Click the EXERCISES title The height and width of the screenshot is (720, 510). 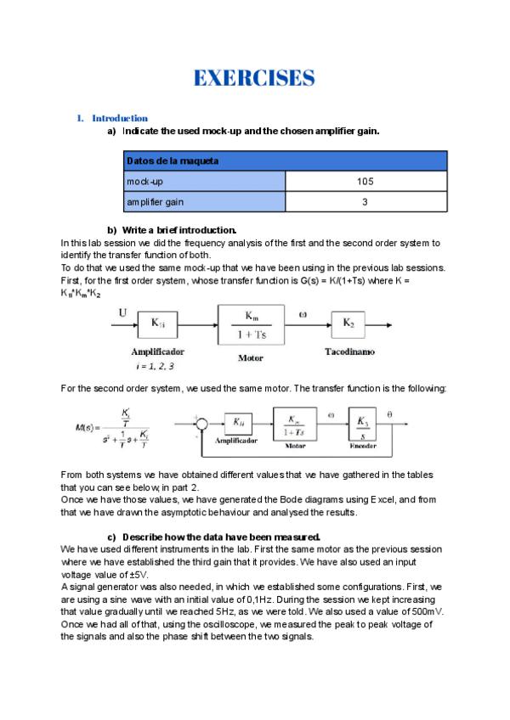tap(254, 79)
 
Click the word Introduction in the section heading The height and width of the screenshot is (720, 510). tap(120, 118)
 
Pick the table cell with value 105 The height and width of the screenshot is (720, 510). tap(365, 182)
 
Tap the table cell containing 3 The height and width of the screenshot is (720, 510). tap(365, 202)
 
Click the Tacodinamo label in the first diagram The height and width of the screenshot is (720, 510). tap(348, 351)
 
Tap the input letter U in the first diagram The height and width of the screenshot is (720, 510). tap(122, 312)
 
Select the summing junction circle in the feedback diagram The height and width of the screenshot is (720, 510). tap(202, 421)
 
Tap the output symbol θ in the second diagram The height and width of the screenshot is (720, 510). tap(414, 413)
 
